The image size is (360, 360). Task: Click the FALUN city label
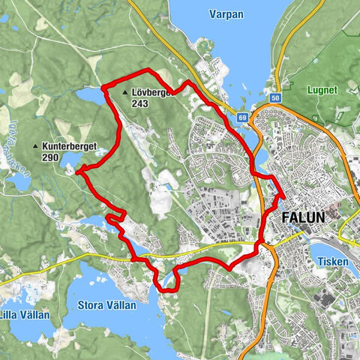304,217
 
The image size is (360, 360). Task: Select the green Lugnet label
323,89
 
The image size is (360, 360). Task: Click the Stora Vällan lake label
106,304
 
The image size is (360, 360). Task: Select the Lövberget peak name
153,93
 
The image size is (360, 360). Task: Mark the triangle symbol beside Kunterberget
34,145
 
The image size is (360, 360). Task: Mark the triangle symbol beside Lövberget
124,93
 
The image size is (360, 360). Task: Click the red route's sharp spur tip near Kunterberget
77,171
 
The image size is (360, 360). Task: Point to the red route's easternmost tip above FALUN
284,196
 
